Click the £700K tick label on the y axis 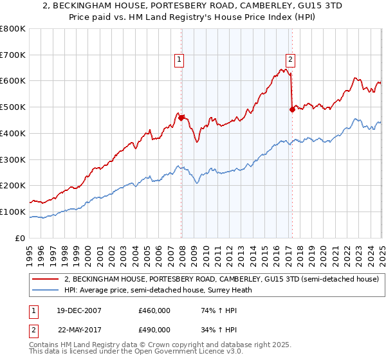click(x=14, y=55)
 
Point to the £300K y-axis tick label click(x=14, y=159)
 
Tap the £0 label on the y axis click(x=22, y=238)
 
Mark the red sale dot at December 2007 click(x=181, y=118)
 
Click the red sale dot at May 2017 click(x=292, y=110)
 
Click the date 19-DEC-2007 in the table click(x=79, y=310)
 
